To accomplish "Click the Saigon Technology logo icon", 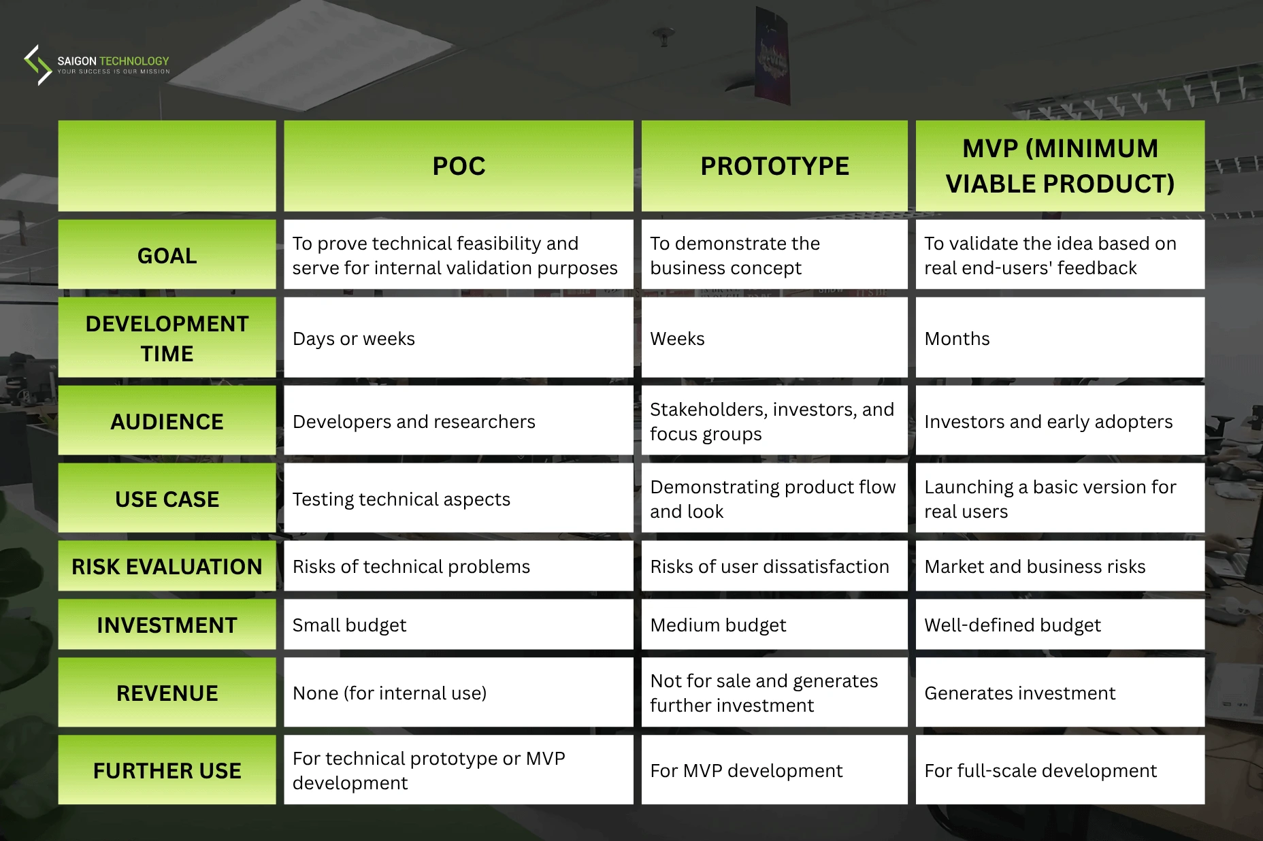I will point(38,65).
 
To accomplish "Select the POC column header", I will point(459,166).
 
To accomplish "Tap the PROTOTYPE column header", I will point(774,166).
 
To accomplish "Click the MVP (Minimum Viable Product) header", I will point(1060,166).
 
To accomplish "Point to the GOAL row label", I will point(167,256).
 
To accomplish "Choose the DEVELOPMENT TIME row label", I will point(167,338).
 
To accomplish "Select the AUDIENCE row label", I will point(167,422).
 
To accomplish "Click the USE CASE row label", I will point(167,499).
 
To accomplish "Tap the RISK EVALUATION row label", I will point(167,567).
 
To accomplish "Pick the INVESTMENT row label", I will point(167,625).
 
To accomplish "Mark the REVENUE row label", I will point(167,693).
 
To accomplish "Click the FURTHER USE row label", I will point(167,771).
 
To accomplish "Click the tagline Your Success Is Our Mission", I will point(114,71).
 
